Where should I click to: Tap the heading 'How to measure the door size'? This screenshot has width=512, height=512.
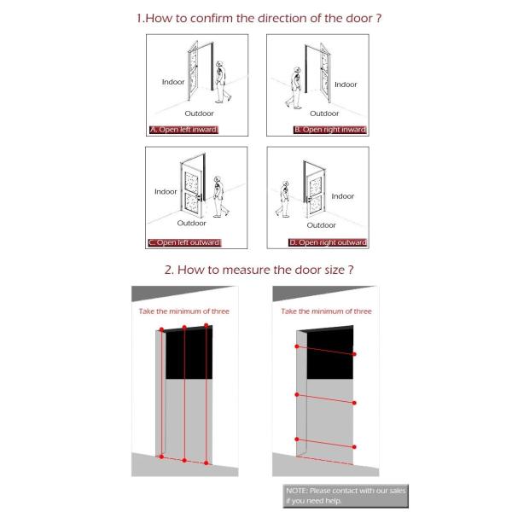tap(259, 270)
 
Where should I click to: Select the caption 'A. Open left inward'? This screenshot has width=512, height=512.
tap(183, 130)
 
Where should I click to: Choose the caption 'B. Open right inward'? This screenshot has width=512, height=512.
tap(329, 130)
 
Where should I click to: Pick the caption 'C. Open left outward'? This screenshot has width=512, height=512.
tap(183, 242)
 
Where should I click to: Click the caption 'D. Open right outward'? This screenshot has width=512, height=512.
tap(328, 242)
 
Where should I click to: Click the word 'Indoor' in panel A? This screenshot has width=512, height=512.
tap(173, 82)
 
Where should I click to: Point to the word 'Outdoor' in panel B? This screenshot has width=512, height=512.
tap(324, 113)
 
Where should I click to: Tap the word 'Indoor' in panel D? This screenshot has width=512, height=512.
tap(342, 196)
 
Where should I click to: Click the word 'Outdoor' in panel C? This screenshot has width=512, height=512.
tap(192, 223)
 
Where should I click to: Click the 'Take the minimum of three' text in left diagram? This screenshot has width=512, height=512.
tap(184, 311)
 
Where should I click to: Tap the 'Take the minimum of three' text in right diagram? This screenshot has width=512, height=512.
tap(327, 311)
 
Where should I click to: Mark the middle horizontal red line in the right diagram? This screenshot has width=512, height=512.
tap(325, 399)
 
